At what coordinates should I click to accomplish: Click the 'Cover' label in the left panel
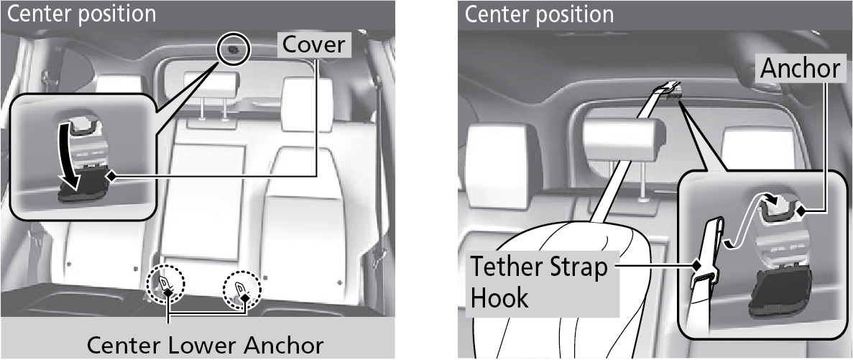tap(313, 45)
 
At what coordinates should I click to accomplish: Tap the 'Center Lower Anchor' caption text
tap(205, 344)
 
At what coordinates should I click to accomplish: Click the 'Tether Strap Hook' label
tap(538, 282)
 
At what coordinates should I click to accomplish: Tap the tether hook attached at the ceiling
tap(668, 89)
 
